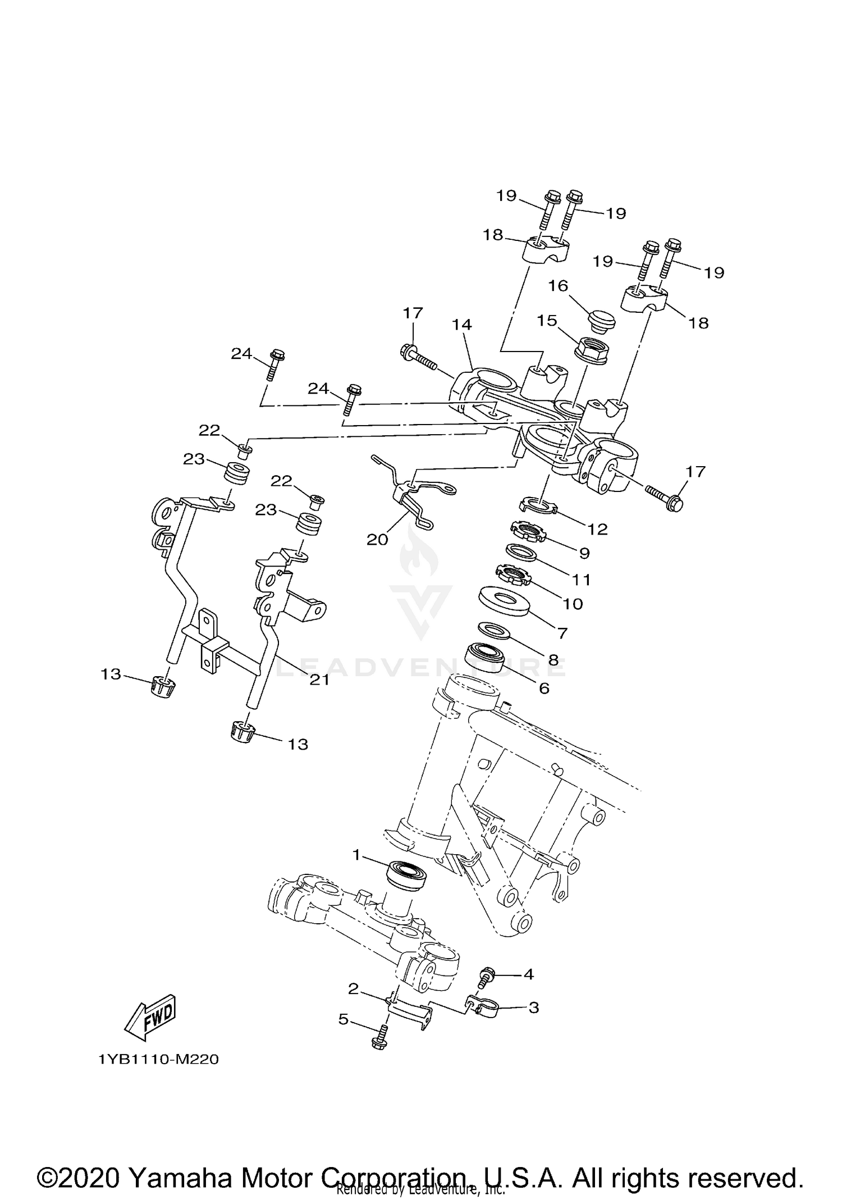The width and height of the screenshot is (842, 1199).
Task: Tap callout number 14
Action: (x=463, y=325)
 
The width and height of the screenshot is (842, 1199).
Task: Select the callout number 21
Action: (x=319, y=680)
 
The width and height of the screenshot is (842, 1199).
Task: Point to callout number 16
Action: (x=558, y=286)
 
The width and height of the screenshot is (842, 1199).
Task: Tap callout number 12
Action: (x=597, y=529)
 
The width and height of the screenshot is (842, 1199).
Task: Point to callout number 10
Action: (x=573, y=604)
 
